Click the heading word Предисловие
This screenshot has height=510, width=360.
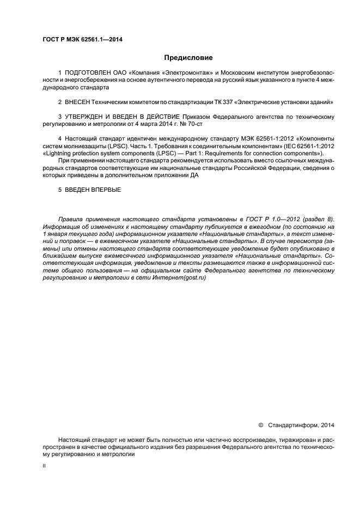click(188, 57)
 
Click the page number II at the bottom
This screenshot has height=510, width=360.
click(44, 466)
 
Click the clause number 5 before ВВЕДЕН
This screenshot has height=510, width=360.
click(59, 190)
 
